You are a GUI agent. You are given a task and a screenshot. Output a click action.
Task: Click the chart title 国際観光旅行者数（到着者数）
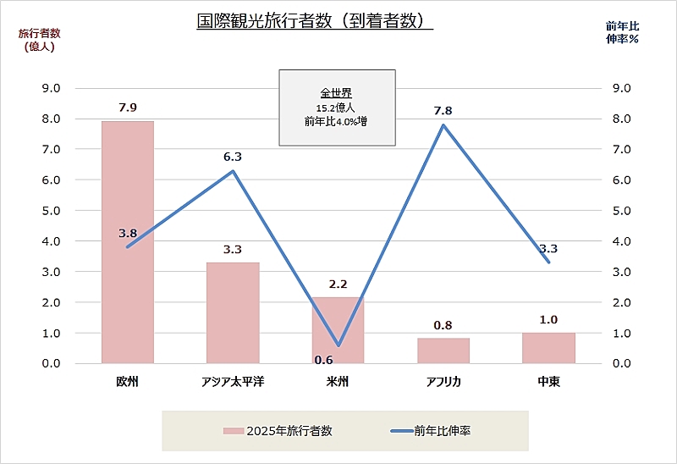314,21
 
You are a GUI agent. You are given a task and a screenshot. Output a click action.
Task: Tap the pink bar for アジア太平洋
233,312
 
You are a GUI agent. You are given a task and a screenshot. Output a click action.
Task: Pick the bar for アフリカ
443,351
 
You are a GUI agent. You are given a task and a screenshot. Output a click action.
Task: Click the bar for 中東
548,348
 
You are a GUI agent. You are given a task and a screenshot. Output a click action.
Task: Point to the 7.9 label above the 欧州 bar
128,108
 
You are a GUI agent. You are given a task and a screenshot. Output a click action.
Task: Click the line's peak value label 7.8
443,111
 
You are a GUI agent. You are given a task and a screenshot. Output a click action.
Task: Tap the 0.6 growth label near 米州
323,359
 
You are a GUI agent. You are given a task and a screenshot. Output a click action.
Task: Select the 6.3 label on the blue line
233,157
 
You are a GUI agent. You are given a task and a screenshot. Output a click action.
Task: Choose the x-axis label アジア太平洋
233,382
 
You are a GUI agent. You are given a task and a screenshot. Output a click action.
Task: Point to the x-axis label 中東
548,382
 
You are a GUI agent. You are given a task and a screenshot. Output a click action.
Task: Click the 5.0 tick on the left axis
52,210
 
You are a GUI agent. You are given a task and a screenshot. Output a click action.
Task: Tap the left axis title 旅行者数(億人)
36,40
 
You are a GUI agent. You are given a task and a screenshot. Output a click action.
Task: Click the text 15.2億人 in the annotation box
337,108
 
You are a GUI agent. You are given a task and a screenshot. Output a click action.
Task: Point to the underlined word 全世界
337,93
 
